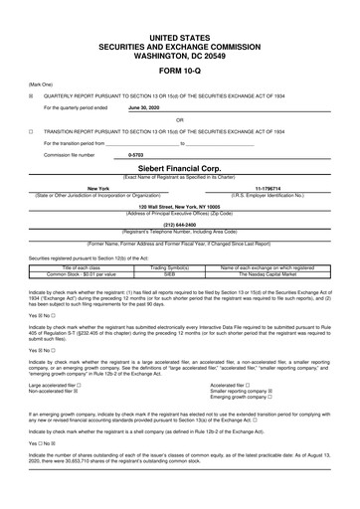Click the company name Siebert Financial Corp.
[179, 169]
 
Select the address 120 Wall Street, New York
[179, 206]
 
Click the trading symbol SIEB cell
[169, 272]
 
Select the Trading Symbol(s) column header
[169, 266]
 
